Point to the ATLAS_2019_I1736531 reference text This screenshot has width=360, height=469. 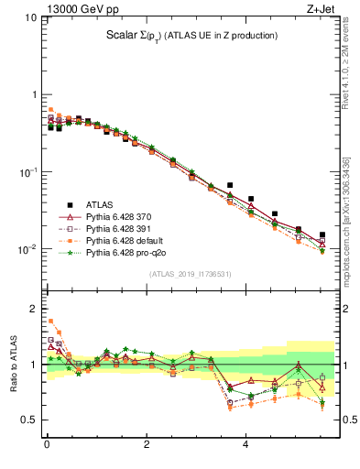tap(191, 274)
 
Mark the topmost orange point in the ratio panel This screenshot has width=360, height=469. tap(50, 321)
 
